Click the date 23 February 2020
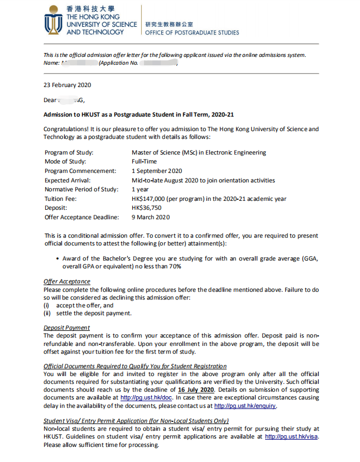pyautogui.click(x=67, y=85)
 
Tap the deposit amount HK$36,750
pyautogui.click(x=147, y=208)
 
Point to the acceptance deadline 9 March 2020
pyautogui.click(x=151, y=217)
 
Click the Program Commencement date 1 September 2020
pyautogui.click(x=157, y=171)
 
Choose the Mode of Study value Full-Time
pyautogui.click(x=145, y=162)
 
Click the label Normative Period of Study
pyautogui.click(x=81, y=189)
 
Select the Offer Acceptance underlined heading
pyautogui.click(x=66, y=281)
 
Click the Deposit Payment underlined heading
pyautogui.click(x=66, y=328)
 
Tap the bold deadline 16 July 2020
pyautogui.click(x=196, y=389)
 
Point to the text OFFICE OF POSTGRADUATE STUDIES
pyautogui.click(x=191, y=32)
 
